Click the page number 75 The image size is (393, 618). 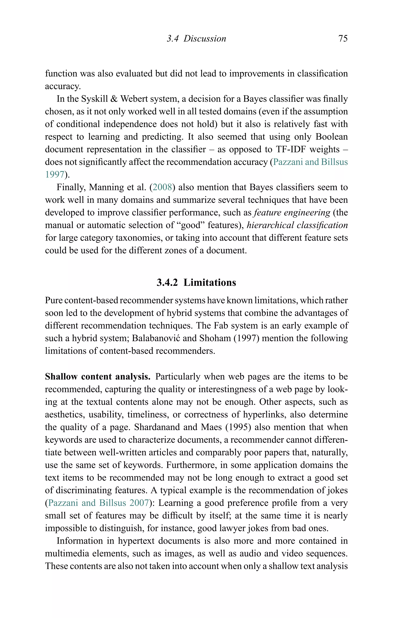(343, 39)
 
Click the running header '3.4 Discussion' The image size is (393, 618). (196, 39)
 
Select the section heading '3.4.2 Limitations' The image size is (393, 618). (196, 283)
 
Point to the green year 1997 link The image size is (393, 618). (54, 175)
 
